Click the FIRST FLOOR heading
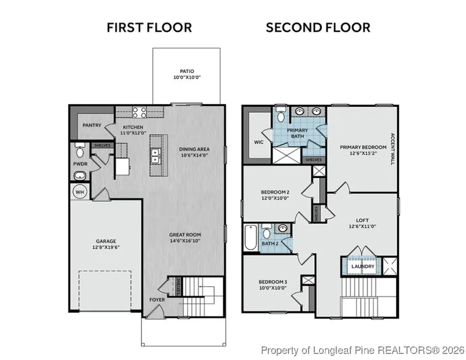click(x=149, y=27)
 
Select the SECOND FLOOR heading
click(x=318, y=27)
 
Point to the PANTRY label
click(x=92, y=125)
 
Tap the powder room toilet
click(x=80, y=152)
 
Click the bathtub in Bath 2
click(x=250, y=236)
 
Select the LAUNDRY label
click(x=362, y=267)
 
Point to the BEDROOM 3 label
click(x=272, y=282)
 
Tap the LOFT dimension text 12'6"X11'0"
click(x=362, y=227)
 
